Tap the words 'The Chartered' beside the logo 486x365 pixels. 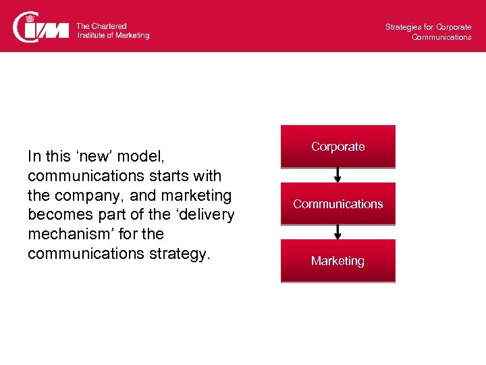[x=101, y=26]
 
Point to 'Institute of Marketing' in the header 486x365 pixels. [x=113, y=35]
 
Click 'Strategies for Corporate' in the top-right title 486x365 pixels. [x=428, y=27]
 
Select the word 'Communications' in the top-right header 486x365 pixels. [x=441, y=37]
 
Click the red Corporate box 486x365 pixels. [x=338, y=147]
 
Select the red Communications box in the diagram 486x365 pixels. [x=338, y=203]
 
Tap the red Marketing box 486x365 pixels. [x=338, y=261]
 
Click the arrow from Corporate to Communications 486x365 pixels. [x=338, y=175]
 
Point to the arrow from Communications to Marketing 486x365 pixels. [x=338, y=232]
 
